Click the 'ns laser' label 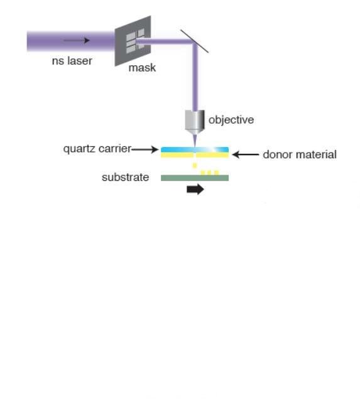pyautogui.click(x=72, y=61)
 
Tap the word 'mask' pyautogui.click(x=142, y=68)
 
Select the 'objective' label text pyautogui.click(x=231, y=120)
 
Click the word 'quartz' pyautogui.click(x=80, y=149)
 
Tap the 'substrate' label pyautogui.click(x=126, y=177)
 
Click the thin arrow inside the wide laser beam pyautogui.click(x=77, y=40)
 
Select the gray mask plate pyautogui.click(x=133, y=41)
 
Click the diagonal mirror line pyautogui.click(x=195, y=41)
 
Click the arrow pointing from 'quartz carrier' pyautogui.click(x=145, y=149)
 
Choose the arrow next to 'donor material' pyautogui.click(x=246, y=155)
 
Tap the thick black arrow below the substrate pyautogui.click(x=195, y=190)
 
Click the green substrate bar pyautogui.click(x=195, y=178)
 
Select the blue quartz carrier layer pyautogui.click(x=195, y=149)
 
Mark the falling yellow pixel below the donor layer pyautogui.click(x=195, y=166)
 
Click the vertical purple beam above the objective pyautogui.click(x=195, y=77)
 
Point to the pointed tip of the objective pyautogui.click(x=195, y=146)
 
